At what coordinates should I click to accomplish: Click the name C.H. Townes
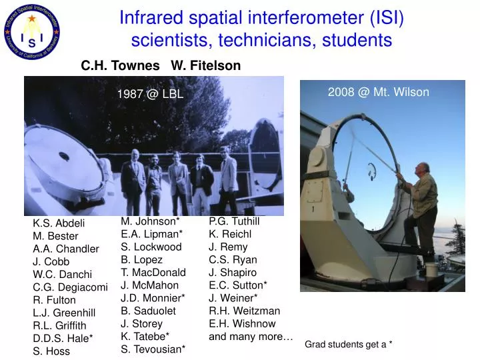(x=120, y=65)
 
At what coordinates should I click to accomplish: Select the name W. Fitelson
(x=206, y=65)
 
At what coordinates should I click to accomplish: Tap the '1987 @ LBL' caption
(x=150, y=95)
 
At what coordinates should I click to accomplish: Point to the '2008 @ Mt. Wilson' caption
(x=378, y=92)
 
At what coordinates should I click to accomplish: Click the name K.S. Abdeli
(x=59, y=223)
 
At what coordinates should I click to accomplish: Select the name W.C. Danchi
(x=63, y=274)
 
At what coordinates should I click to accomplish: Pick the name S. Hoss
(x=51, y=351)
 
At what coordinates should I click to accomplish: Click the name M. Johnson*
(x=150, y=221)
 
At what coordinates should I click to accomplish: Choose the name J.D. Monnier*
(x=153, y=297)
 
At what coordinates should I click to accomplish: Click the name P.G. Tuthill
(x=234, y=221)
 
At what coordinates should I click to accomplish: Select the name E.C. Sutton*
(x=238, y=285)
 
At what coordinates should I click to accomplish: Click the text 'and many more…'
(x=251, y=336)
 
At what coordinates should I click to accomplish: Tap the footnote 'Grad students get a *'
(x=348, y=344)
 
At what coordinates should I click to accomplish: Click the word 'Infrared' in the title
(x=147, y=18)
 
